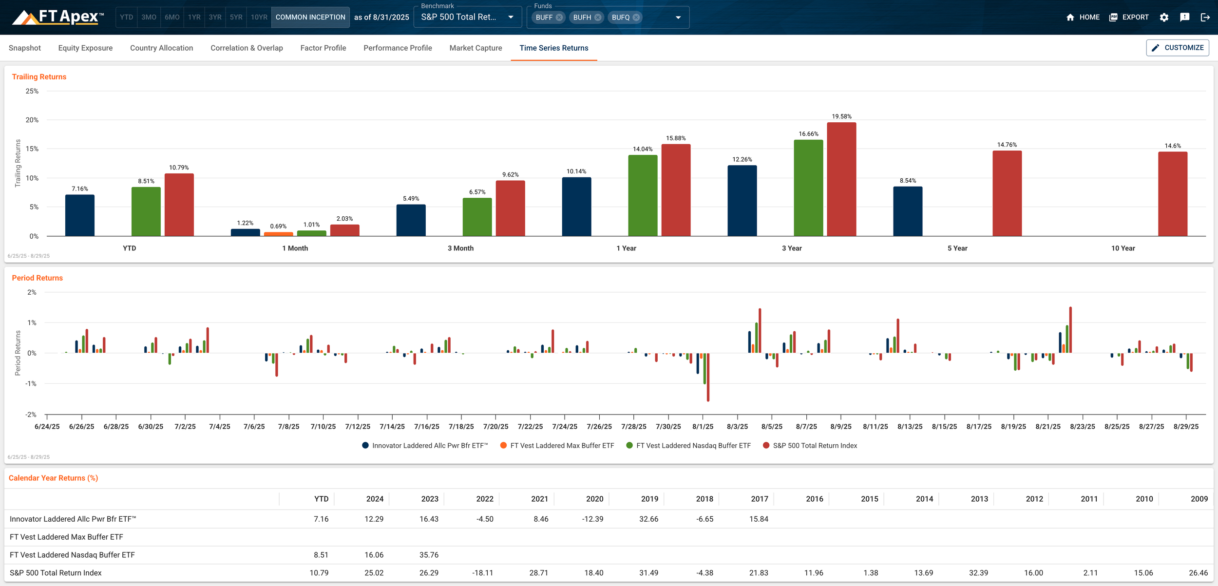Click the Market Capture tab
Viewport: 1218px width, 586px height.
point(476,48)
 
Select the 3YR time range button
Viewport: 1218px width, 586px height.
point(215,17)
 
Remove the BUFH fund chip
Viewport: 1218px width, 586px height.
point(598,18)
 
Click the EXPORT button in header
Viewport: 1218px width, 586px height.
point(1129,17)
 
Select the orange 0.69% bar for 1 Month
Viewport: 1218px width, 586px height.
point(278,234)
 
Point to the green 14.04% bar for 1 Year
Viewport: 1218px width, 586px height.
point(643,195)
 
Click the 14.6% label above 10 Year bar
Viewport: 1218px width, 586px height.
point(1172,146)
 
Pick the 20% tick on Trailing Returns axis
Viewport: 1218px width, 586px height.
point(32,120)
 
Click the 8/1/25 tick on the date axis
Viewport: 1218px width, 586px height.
point(703,426)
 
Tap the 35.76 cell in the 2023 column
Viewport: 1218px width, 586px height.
point(429,555)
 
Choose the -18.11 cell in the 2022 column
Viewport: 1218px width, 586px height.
point(482,573)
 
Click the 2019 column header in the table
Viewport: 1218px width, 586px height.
point(649,499)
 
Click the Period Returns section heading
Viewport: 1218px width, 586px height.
point(37,278)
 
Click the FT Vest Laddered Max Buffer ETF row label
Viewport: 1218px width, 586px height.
point(66,537)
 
